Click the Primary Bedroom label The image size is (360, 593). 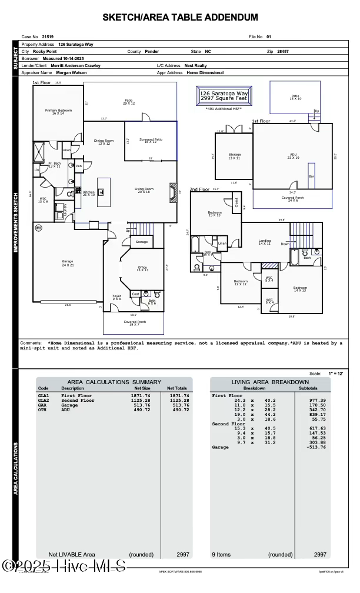58,112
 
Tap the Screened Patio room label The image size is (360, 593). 151,141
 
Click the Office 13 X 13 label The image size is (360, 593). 143,268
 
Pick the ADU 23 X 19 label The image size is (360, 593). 292,156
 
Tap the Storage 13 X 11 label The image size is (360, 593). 234,156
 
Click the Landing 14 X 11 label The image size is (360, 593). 265,242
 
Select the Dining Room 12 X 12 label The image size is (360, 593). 104,142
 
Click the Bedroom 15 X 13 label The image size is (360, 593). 215,214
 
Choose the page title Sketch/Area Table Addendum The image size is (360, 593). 180,18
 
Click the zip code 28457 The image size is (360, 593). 283,52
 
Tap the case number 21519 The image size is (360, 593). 48,36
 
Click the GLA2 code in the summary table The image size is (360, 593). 44,400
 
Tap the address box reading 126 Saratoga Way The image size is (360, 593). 224,96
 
